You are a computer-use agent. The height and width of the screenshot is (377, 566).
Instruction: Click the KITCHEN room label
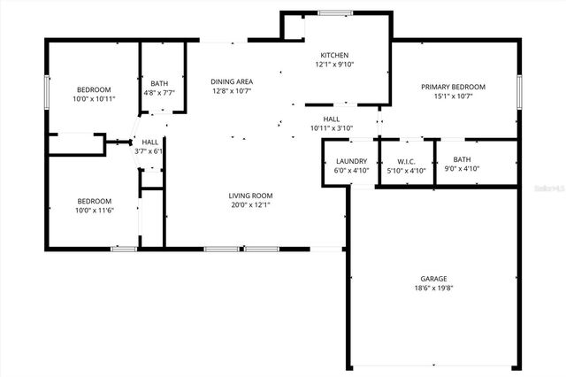(x=333, y=55)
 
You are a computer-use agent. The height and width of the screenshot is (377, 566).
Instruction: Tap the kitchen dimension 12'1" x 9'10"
(x=333, y=65)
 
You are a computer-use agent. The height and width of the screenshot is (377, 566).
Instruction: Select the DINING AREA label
(x=233, y=81)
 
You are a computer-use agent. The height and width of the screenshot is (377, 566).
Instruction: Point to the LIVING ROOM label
(x=250, y=196)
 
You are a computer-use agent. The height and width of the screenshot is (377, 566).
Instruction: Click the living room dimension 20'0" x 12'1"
(x=250, y=205)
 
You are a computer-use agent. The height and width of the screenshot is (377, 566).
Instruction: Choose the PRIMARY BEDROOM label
(x=453, y=87)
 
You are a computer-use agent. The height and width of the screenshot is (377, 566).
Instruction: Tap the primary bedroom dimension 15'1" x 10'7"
(x=453, y=96)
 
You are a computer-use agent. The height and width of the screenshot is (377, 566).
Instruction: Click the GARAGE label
(x=433, y=279)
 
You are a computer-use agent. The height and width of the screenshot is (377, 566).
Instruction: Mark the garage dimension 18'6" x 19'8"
(x=433, y=289)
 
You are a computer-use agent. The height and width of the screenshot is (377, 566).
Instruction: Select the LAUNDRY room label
(x=351, y=161)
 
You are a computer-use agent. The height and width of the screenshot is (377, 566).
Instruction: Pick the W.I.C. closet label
(x=407, y=161)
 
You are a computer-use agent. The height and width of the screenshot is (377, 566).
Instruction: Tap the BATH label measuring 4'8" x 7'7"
(x=159, y=83)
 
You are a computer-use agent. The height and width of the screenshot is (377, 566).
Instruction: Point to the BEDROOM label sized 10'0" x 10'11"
(x=93, y=90)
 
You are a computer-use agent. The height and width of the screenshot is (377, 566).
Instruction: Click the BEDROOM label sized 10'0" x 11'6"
(x=93, y=201)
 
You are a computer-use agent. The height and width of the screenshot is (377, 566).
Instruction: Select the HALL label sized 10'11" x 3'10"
(x=332, y=119)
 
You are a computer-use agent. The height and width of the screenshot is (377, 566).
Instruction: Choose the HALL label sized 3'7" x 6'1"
(x=150, y=142)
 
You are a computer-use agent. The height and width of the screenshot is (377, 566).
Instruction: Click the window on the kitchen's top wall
(x=334, y=12)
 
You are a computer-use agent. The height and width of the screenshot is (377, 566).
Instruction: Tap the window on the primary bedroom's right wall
(x=519, y=89)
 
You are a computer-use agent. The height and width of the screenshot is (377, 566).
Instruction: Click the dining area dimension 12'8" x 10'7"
(x=233, y=90)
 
